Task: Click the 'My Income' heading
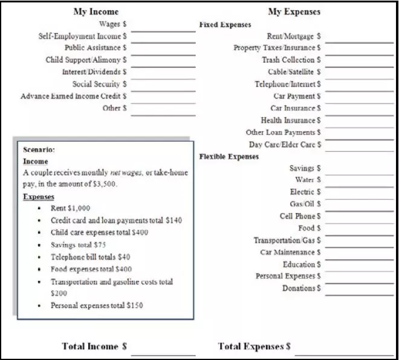tap(96, 11)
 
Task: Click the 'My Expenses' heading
tap(294, 11)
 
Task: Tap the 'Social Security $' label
tap(100, 84)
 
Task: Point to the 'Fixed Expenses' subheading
tap(225, 25)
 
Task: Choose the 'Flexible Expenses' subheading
tap(229, 157)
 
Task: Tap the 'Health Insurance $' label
tap(291, 120)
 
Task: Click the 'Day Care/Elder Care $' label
tap(285, 145)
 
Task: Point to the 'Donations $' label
tap(301, 288)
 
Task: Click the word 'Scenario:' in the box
tap(39, 149)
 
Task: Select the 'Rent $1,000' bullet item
tap(70, 208)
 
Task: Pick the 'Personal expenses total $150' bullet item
tap(97, 306)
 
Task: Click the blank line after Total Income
tap(163, 353)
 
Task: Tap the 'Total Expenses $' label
tap(254, 347)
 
